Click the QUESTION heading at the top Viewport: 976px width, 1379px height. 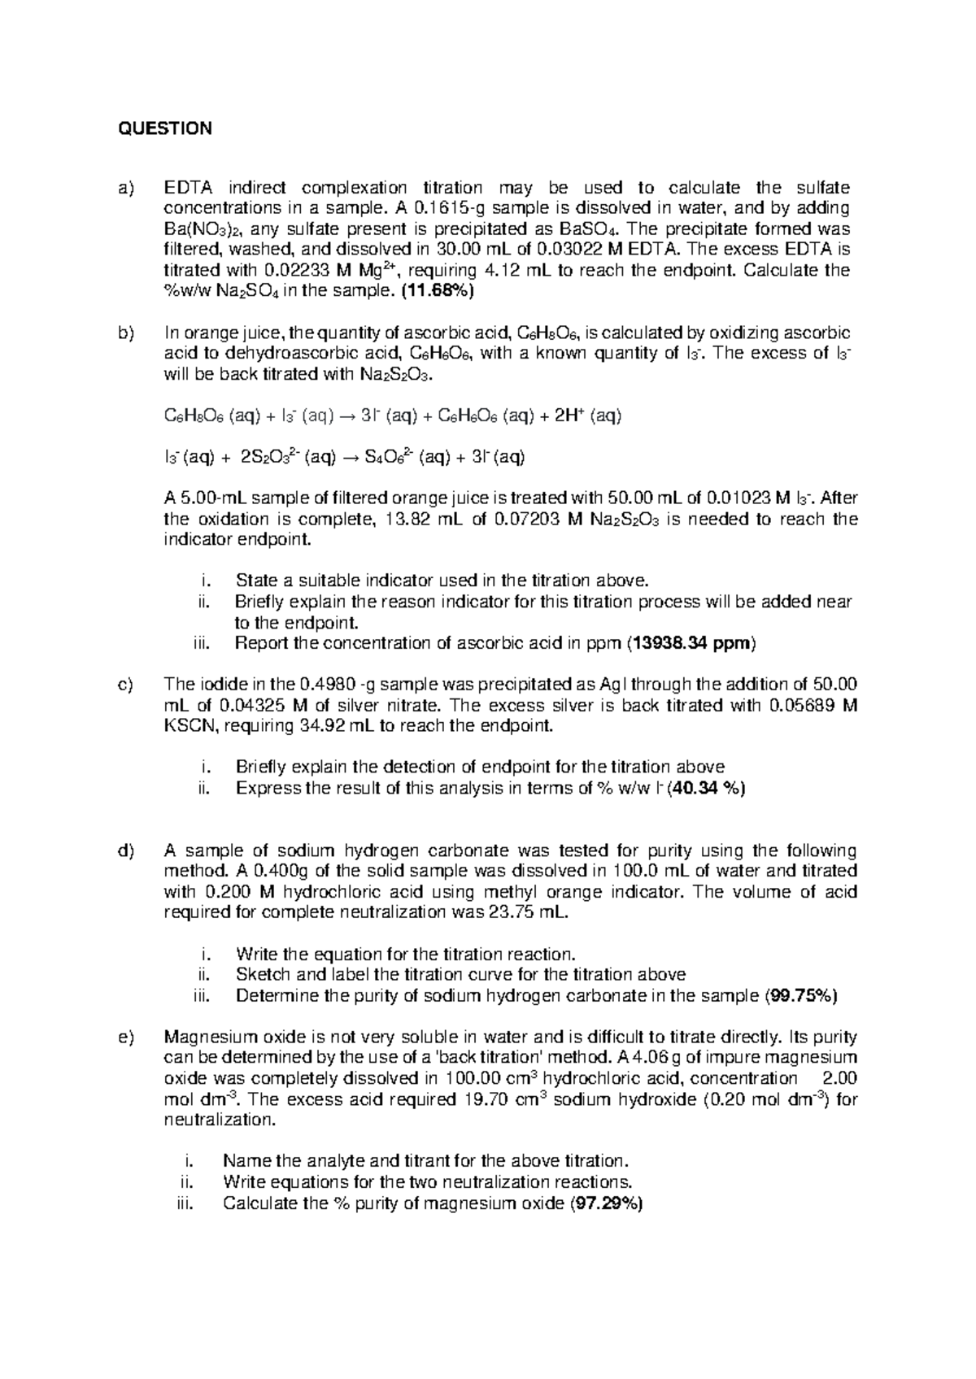(165, 128)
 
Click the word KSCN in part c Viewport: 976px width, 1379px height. (190, 725)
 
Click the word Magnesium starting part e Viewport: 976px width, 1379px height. (204, 1037)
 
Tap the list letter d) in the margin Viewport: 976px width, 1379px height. (124, 850)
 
